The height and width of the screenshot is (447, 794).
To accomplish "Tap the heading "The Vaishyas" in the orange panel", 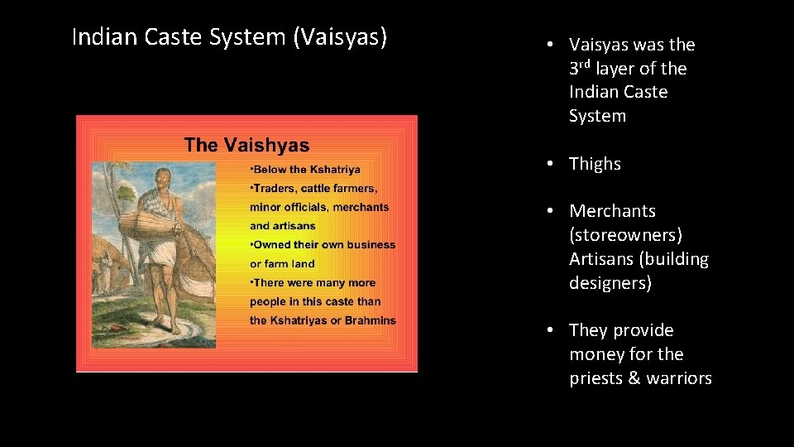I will [x=246, y=146].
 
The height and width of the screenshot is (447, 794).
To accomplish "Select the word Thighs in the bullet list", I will [x=595, y=164].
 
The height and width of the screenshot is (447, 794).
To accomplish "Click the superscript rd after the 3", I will [x=586, y=64].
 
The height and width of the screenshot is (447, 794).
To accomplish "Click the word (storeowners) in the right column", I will [x=625, y=235].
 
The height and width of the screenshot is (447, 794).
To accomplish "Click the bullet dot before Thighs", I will [x=549, y=164].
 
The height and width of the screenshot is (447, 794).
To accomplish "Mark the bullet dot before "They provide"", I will [x=549, y=330].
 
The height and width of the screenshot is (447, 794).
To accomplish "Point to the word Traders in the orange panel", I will [x=272, y=189].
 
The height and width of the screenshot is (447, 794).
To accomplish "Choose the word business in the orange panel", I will [x=371, y=244].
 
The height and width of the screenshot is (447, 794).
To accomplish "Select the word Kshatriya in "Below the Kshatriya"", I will [x=333, y=170].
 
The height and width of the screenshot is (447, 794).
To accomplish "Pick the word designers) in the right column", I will [x=610, y=283].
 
